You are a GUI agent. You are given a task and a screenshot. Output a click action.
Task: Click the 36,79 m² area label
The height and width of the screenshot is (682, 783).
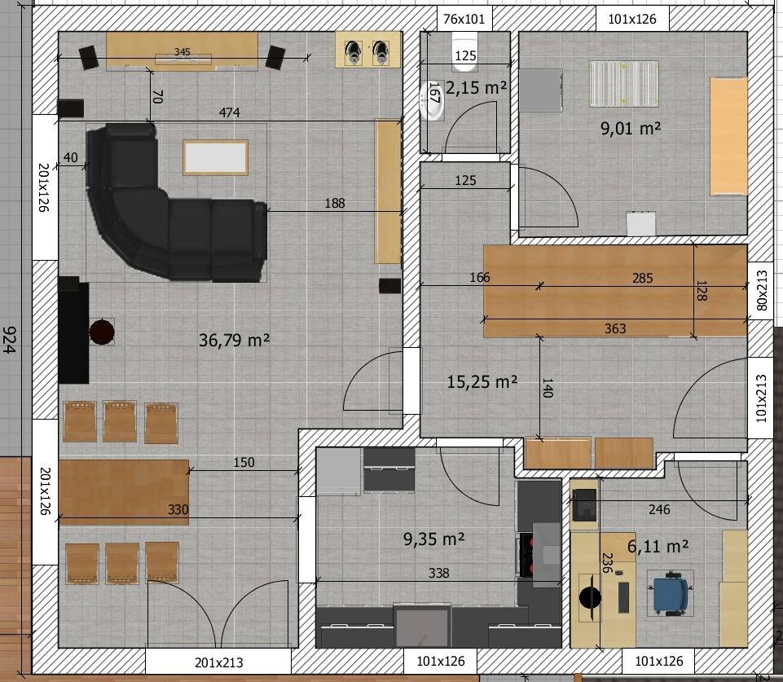point(234,340)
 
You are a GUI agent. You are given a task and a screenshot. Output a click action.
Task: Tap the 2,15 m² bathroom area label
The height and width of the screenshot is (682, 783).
point(477,88)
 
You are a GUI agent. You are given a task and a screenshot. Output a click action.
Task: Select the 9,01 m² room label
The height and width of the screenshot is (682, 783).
point(631,128)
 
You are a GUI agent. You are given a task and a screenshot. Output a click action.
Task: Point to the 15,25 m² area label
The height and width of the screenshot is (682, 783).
point(482,382)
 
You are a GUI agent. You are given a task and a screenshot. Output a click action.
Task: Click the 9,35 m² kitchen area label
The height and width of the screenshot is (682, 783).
point(434,539)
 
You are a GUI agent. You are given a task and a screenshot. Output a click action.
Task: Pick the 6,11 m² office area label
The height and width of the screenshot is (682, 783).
point(658,546)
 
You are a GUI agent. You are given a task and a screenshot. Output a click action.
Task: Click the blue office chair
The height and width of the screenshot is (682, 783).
point(670,592)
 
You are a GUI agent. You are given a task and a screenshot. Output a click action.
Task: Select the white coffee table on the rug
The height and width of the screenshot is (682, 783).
point(215,157)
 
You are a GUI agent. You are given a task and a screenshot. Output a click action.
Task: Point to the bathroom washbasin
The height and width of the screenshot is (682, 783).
point(432,101)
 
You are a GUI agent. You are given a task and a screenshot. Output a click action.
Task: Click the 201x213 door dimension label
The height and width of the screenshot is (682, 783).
point(218,662)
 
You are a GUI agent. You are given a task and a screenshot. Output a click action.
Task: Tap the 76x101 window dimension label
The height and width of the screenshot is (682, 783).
point(464,19)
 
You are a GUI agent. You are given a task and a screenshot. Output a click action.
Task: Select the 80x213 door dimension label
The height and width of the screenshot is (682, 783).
point(762,290)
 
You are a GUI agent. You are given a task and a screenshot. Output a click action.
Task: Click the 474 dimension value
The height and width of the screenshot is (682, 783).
point(229,112)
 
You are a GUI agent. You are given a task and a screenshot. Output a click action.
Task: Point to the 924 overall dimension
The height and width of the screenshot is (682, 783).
point(9,340)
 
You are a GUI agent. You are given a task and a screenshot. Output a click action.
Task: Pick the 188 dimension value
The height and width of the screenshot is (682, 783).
point(335,203)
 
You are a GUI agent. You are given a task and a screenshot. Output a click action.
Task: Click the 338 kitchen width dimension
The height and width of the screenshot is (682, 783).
point(439,573)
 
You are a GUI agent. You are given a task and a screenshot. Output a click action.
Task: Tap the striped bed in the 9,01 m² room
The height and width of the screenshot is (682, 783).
point(623,83)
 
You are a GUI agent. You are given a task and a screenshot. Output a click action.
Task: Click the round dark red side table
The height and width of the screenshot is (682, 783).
point(102,332)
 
